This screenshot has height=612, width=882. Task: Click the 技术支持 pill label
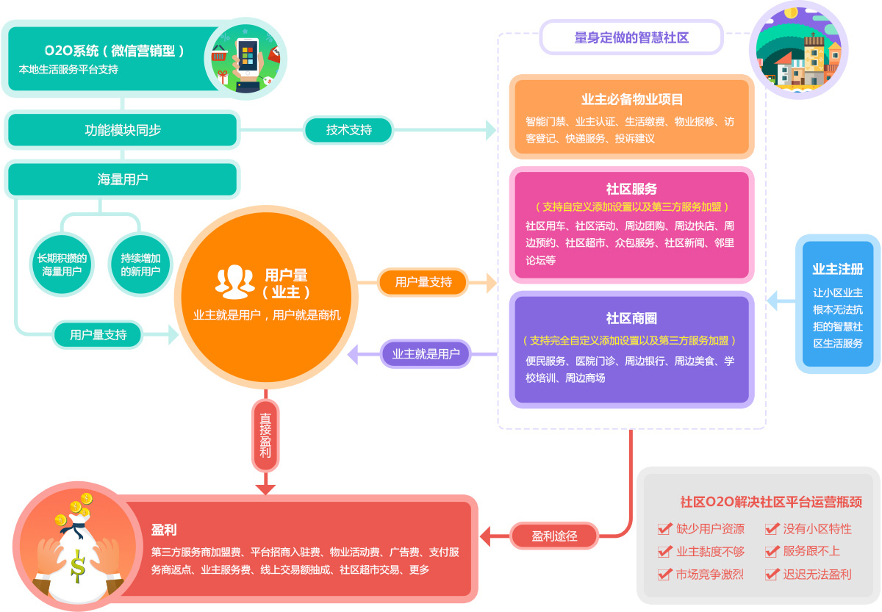348,130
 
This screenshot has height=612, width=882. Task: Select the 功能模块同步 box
123,130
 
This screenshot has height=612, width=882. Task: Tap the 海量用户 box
123,179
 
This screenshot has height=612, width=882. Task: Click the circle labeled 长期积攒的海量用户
62,264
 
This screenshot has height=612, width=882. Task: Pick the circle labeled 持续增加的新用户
140,264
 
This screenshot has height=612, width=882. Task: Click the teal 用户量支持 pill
98,334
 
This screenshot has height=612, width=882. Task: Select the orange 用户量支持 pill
423,282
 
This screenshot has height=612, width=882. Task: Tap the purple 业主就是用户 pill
426,354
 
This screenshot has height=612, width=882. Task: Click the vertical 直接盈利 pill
265,435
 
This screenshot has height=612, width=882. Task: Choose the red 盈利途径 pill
554,536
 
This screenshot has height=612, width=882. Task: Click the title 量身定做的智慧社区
631,37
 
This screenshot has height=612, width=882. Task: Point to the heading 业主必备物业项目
632,99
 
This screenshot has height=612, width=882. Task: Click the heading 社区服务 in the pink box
631,189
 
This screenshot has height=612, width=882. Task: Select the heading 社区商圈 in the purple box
631,318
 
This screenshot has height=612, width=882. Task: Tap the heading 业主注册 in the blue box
838,269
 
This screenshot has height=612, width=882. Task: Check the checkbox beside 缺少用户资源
664,528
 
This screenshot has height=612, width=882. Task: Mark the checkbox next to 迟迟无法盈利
772,575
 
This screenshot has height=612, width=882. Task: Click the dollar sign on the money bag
78,566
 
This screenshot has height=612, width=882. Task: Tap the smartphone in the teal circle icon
248,57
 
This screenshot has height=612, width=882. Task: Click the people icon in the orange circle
234,282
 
